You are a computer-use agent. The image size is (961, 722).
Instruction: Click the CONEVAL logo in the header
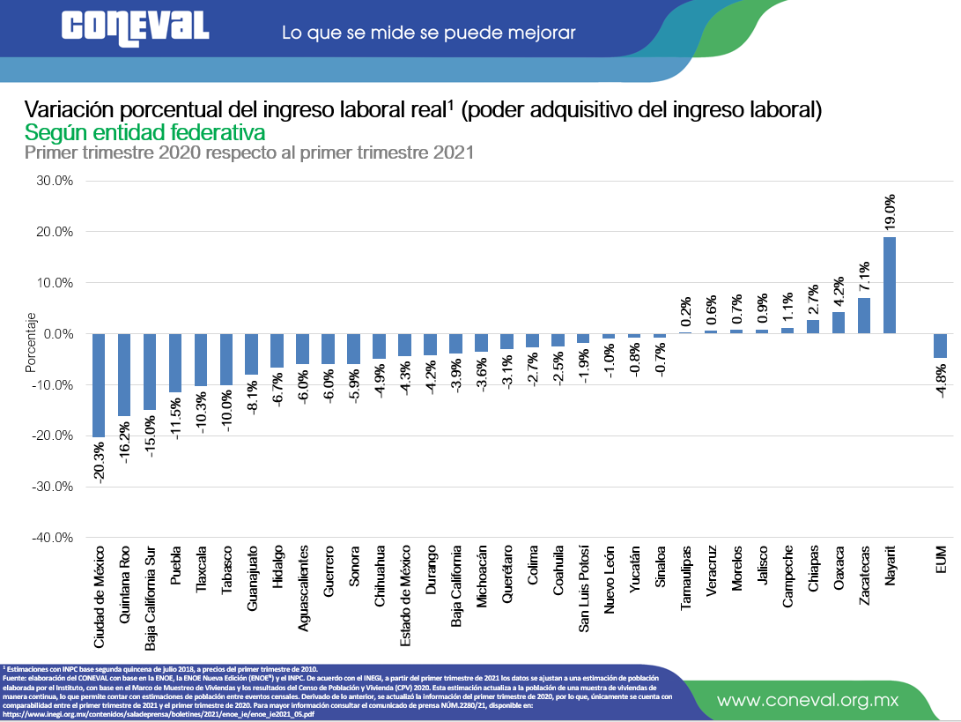pyautogui.click(x=135, y=27)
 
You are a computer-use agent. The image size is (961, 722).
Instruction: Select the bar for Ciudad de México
pyautogui.click(x=99, y=385)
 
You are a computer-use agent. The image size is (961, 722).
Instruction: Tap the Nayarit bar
pyautogui.click(x=889, y=285)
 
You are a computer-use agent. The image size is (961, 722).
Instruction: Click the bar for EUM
pyautogui.click(x=941, y=346)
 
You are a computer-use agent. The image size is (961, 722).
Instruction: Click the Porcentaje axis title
pyautogui.click(x=30, y=343)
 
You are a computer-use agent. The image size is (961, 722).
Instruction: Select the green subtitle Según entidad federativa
pyautogui.click(x=145, y=133)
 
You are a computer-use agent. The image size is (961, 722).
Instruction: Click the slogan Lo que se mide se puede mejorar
pyautogui.click(x=428, y=33)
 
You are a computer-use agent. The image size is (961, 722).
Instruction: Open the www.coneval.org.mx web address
pyautogui.click(x=807, y=701)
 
